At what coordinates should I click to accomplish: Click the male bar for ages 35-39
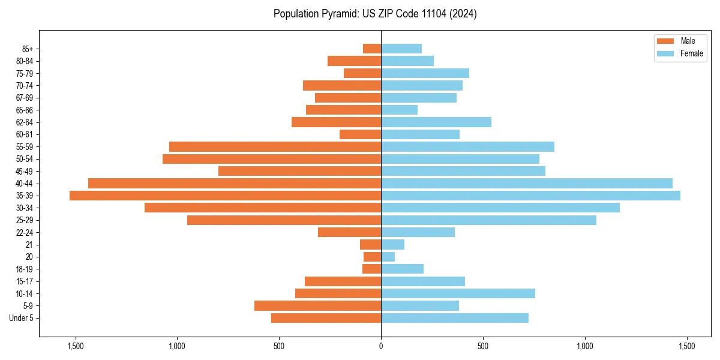pyautogui.click(x=225, y=196)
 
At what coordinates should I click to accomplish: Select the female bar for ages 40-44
pyautogui.click(x=527, y=183)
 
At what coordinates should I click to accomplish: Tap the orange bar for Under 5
pyautogui.click(x=326, y=318)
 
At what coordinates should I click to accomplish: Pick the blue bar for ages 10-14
pyautogui.click(x=458, y=293)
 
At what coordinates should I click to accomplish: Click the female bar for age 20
pyautogui.click(x=388, y=257)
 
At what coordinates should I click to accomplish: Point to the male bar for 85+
pyautogui.click(x=372, y=49)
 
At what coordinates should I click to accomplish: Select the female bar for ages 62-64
pyautogui.click(x=436, y=122)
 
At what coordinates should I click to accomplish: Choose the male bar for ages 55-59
pyautogui.click(x=275, y=146)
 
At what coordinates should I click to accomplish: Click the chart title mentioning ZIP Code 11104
pyautogui.click(x=375, y=14)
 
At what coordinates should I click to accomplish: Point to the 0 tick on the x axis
pyautogui.click(x=381, y=346)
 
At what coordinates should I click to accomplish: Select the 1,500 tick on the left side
pyautogui.click(x=76, y=346)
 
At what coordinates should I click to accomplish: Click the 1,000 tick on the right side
pyautogui.click(x=585, y=346)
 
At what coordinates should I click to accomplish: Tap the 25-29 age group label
pyautogui.click(x=25, y=220)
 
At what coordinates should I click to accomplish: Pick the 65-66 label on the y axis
pyautogui.click(x=25, y=110)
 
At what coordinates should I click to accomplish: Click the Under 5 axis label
pyautogui.click(x=21, y=318)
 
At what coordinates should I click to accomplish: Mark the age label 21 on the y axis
pyautogui.click(x=29, y=245)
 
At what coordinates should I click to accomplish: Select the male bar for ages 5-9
pyautogui.click(x=317, y=306)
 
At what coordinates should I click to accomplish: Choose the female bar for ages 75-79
pyautogui.click(x=425, y=73)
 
